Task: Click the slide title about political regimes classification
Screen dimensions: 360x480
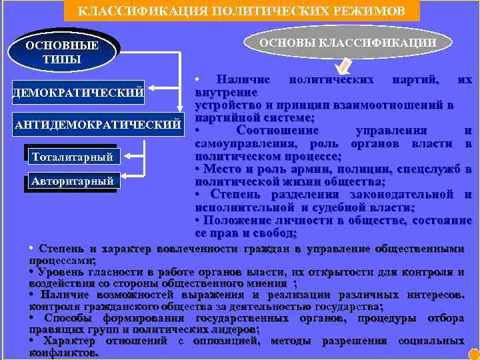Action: tap(241, 11)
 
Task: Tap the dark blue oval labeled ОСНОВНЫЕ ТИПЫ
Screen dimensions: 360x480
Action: tap(61, 52)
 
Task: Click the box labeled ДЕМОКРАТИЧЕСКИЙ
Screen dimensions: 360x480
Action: tap(78, 91)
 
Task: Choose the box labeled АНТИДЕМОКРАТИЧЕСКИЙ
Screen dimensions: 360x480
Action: tap(97, 124)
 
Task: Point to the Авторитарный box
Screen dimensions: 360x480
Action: tap(72, 181)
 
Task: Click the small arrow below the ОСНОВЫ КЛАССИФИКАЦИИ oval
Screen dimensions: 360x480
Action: tap(345, 65)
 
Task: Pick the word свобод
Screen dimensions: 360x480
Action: tap(279, 233)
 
